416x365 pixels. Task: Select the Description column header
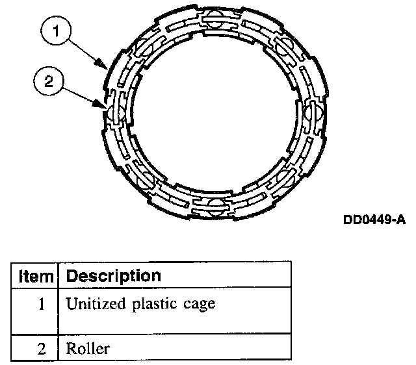click(114, 275)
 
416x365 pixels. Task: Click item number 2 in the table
click(42, 348)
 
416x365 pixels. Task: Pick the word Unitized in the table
click(92, 303)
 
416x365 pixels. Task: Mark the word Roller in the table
click(88, 348)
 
